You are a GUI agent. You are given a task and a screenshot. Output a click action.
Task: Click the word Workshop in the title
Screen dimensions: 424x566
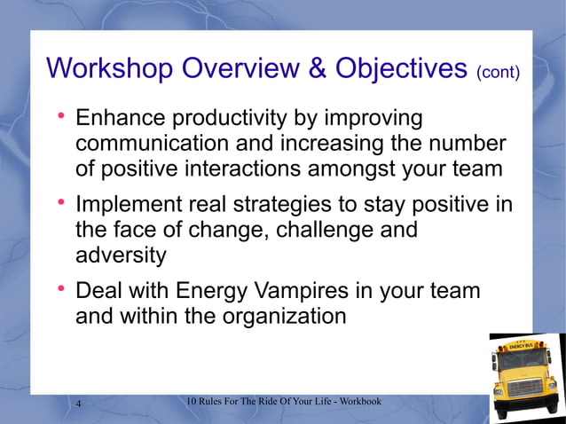pos(110,68)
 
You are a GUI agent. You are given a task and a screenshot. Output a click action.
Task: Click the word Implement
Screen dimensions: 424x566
pos(128,205)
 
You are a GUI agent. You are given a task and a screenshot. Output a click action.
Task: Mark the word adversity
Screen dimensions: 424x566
pos(121,255)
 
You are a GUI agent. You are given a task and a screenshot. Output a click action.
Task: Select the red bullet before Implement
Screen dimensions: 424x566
pos(61,205)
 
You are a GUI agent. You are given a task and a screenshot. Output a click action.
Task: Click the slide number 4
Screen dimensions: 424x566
pos(79,405)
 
